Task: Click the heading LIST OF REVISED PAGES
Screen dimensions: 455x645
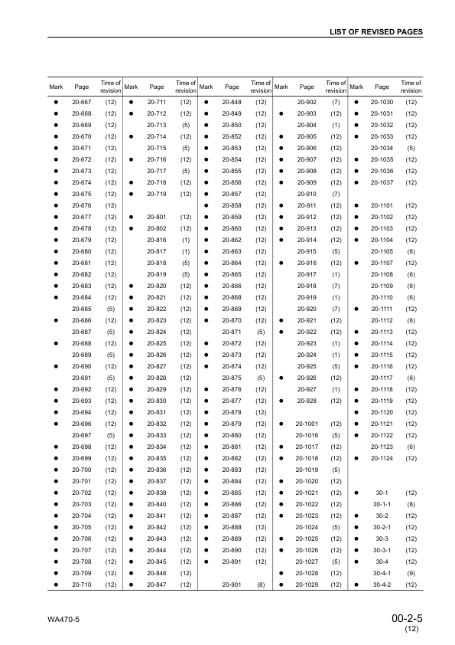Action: click(375, 32)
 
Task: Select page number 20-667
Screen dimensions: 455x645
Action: click(82, 102)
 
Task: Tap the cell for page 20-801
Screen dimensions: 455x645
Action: click(157, 217)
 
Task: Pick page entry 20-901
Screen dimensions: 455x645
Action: click(232, 585)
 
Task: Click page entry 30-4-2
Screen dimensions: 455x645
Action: click(382, 585)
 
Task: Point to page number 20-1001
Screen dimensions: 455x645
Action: click(307, 424)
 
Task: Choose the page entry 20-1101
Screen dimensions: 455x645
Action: click(382, 205)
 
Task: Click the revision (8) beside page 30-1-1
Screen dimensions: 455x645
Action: click(411, 504)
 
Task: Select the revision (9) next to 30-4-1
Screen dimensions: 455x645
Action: click(411, 573)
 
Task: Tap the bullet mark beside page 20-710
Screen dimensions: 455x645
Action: click(56, 585)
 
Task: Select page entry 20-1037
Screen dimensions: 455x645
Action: click(382, 182)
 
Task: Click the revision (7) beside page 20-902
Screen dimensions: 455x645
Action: click(336, 102)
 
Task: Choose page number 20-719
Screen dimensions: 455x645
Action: click(157, 194)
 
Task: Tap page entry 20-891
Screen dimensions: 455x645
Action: click(232, 562)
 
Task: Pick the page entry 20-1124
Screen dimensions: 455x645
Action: click(382, 458)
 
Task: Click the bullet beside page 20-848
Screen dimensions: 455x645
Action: click(206, 102)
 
